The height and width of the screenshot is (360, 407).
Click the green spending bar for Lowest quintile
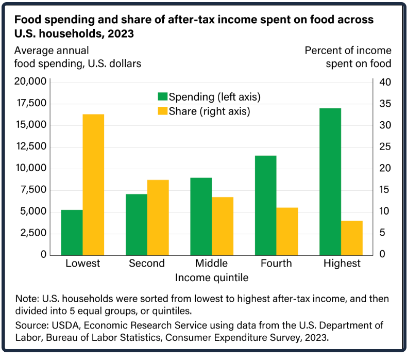(72, 232)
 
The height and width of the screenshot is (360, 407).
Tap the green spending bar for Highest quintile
(330, 181)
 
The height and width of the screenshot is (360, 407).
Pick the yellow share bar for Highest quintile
(352, 237)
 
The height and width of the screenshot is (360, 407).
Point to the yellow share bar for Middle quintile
(223, 225)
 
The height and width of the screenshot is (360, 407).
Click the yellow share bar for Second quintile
(158, 217)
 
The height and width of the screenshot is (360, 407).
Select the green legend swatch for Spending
(162, 96)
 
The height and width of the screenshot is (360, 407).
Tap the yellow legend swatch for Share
(162, 111)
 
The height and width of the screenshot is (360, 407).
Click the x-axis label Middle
(211, 264)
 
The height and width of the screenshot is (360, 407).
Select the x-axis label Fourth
(276, 264)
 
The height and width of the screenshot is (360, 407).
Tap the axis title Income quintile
(212, 278)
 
